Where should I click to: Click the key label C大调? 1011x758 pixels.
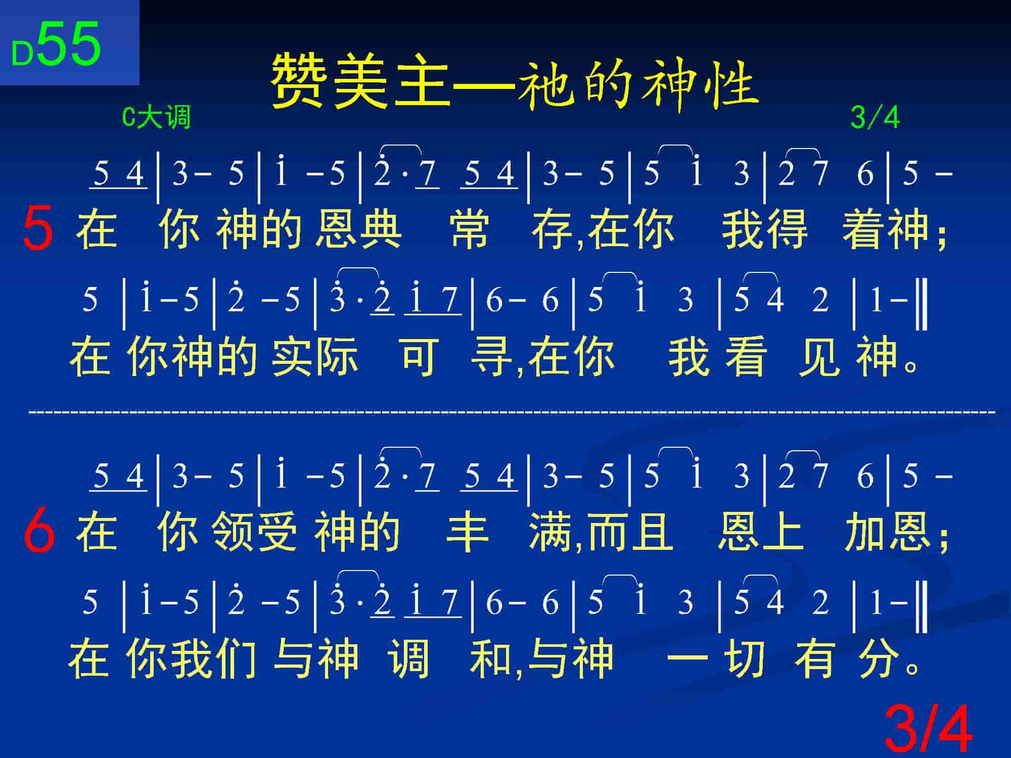(x=157, y=118)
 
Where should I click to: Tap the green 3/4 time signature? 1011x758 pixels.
(x=875, y=118)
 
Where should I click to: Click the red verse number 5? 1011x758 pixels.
(x=38, y=229)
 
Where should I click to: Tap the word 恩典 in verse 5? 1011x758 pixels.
(x=358, y=229)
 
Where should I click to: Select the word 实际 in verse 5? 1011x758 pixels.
(x=314, y=356)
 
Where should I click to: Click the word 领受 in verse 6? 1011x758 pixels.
(x=254, y=532)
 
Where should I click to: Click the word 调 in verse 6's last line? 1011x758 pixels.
(x=409, y=658)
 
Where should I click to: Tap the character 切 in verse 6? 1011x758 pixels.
(x=744, y=658)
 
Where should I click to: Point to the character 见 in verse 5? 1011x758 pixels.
(x=819, y=356)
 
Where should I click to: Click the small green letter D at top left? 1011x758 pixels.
(x=22, y=54)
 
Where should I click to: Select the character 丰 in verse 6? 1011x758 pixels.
(x=467, y=532)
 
